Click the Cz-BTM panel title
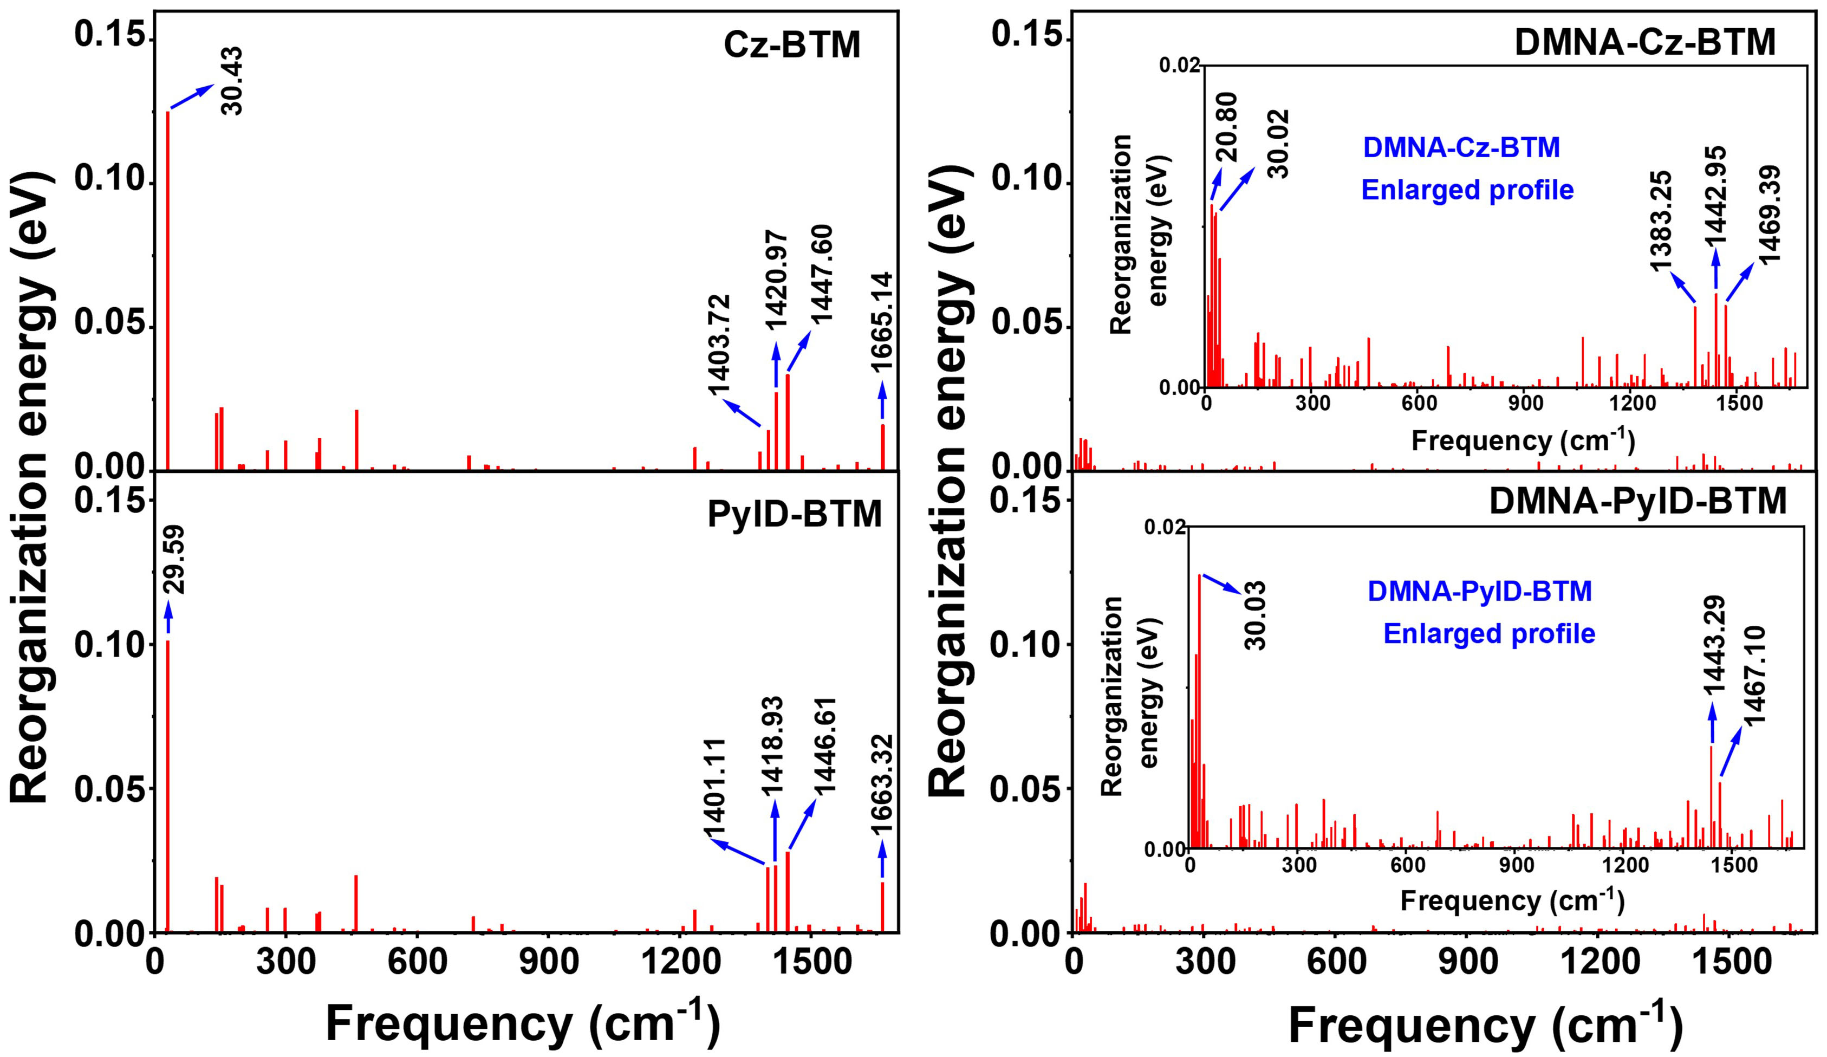click(x=792, y=45)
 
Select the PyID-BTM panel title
click(x=795, y=515)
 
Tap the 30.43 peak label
click(x=232, y=81)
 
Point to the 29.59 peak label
click(x=174, y=560)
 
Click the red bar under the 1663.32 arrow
click(x=882, y=906)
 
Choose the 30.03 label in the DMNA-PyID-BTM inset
click(x=1255, y=615)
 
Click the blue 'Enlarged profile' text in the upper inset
click(x=1467, y=190)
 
